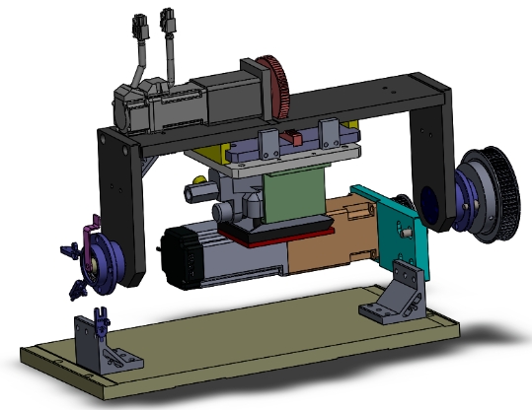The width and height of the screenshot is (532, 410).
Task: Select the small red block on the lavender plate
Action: [x=294, y=137]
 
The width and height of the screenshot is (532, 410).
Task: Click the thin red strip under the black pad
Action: [x=286, y=232]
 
